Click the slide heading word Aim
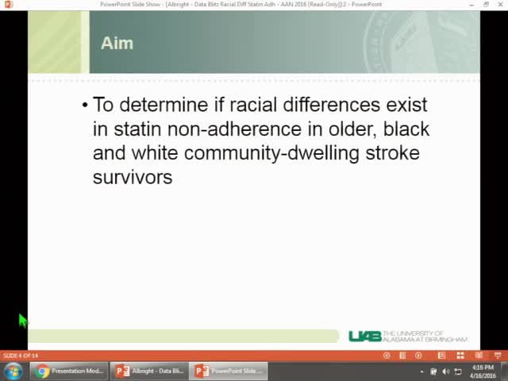117,44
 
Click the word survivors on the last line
133,177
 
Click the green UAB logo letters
364,337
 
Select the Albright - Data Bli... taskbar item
149,371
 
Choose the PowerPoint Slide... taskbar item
229,371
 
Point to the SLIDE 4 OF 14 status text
21,356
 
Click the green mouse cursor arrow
23,320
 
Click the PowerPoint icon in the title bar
8,4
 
